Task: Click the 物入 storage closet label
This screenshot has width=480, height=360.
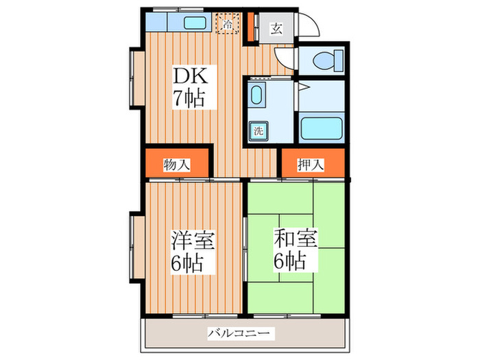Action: pyautogui.click(x=177, y=165)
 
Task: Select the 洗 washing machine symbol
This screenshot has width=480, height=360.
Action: pyautogui.click(x=259, y=130)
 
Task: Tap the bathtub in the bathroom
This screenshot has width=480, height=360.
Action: pyautogui.click(x=320, y=129)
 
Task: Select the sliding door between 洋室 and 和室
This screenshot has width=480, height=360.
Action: pyautogui.click(x=245, y=243)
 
